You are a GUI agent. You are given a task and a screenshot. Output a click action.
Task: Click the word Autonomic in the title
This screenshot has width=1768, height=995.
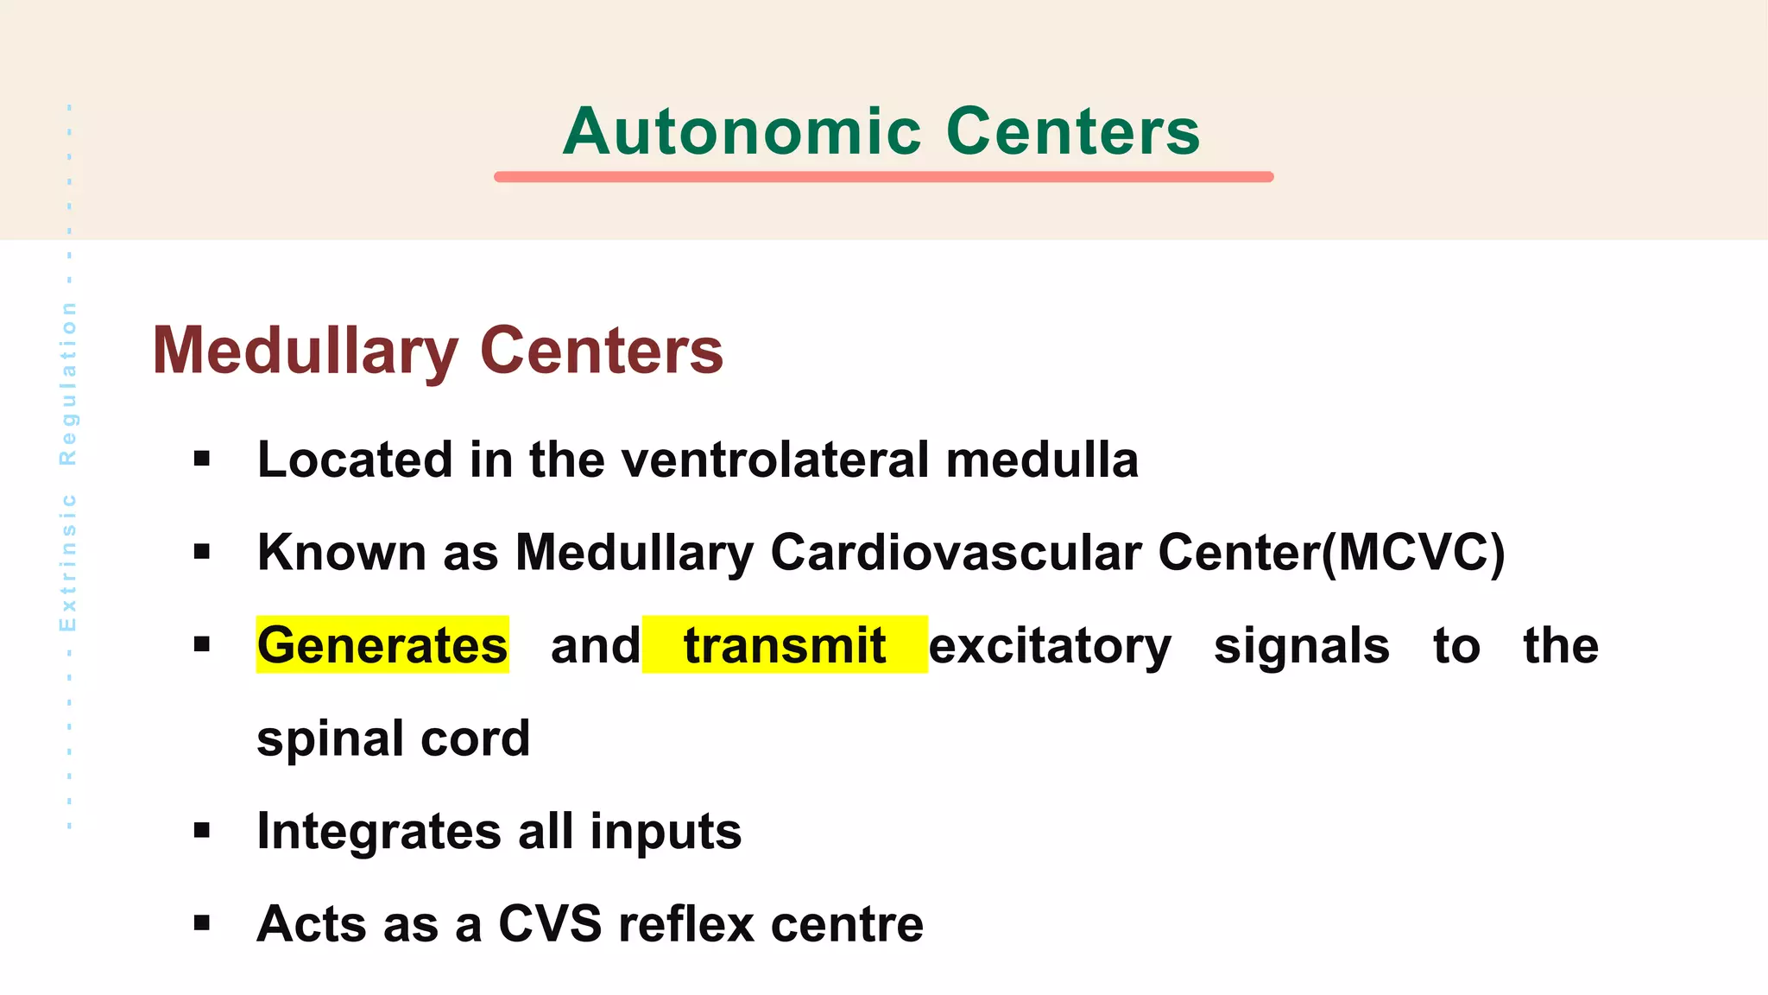[742, 132]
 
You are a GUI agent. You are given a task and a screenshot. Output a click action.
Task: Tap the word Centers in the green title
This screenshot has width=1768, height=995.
[1073, 132]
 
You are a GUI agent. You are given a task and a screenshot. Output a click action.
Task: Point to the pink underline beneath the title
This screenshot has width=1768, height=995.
[883, 177]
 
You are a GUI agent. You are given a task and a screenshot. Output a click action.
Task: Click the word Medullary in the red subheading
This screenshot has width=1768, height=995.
[306, 352]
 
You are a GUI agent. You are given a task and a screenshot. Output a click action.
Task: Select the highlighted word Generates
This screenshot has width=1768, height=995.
[382, 645]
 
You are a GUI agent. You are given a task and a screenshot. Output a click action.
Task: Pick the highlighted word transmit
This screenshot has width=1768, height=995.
[785, 645]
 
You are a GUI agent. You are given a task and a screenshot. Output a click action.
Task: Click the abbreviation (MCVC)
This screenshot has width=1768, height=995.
[1414, 552]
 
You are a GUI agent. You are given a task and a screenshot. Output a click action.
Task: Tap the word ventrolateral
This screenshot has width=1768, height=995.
[775, 459]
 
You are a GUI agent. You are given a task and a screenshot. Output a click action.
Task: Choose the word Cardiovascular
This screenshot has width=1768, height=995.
[956, 552]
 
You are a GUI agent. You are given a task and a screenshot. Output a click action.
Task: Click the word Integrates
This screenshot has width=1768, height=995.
[379, 832]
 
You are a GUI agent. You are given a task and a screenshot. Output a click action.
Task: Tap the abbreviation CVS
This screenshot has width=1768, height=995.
[550, 924]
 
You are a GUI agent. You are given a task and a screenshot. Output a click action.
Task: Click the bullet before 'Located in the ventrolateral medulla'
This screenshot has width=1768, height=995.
[202, 459]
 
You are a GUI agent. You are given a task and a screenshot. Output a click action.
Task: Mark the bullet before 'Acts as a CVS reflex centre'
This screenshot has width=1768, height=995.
[202, 923]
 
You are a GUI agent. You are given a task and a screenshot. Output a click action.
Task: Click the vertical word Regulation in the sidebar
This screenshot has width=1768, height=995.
[68, 383]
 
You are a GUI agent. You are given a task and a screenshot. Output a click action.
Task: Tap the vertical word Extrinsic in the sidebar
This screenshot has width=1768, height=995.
[68, 562]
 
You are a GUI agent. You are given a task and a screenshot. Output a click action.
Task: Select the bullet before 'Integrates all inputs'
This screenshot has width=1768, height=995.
[202, 831]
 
